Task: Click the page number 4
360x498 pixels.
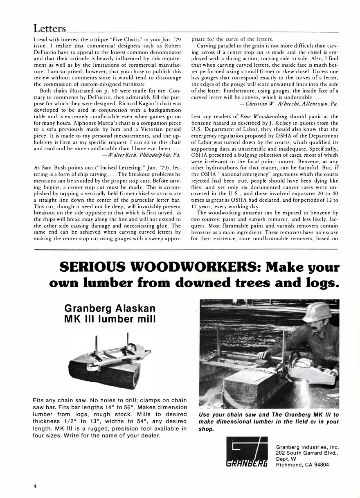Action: [x=36, y=486]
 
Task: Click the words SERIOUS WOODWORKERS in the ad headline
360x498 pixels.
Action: [x=159, y=267]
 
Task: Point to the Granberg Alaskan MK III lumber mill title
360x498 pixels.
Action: [x=110, y=313]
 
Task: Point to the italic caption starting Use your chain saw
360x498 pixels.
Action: [x=269, y=421]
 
